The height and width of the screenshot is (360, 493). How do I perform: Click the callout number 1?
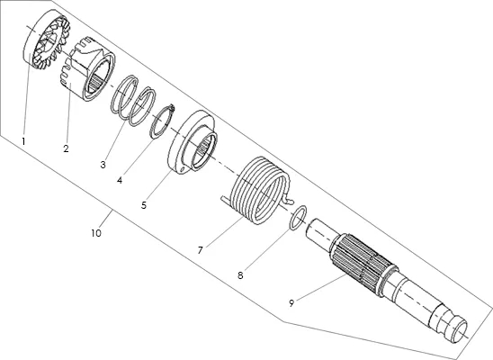23,141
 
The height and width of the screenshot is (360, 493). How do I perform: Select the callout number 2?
66,148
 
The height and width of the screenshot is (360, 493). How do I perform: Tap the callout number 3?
103,165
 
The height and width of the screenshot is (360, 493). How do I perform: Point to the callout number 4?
120,180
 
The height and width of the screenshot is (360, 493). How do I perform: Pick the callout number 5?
144,205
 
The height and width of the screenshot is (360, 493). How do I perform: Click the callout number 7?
201,250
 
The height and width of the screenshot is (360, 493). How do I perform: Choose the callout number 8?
240,275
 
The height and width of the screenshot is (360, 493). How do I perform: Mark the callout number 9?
291,303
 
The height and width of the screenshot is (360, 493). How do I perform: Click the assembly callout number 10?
96,233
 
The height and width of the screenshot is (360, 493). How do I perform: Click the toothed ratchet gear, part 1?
47,40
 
